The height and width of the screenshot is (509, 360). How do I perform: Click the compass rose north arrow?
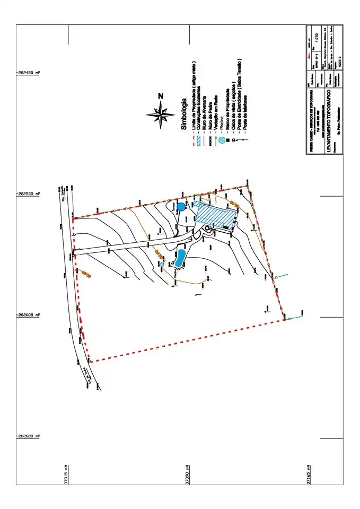click(x=161, y=112)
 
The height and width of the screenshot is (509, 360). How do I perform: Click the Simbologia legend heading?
click(x=184, y=114)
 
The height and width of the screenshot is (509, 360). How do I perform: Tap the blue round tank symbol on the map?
click(x=181, y=207)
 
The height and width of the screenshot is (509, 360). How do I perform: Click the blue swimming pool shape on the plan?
click(x=180, y=258)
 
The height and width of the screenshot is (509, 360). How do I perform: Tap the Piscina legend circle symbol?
click(x=222, y=141)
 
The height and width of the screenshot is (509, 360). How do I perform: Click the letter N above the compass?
click(x=161, y=95)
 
